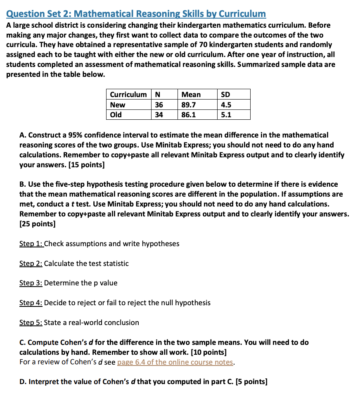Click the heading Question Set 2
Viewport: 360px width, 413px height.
click(x=136, y=14)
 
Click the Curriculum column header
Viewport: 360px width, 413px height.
click(x=128, y=95)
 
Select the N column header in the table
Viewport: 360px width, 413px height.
click(x=157, y=95)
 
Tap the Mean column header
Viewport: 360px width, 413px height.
click(x=191, y=95)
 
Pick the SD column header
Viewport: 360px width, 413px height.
click(x=225, y=95)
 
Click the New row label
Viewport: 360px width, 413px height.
click(x=118, y=105)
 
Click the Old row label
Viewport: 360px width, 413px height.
click(x=116, y=114)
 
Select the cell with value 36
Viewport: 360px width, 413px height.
click(x=159, y=105)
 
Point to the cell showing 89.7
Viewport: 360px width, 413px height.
click(x=189, y=105)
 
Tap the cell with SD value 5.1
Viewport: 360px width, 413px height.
click(x=226, y=114)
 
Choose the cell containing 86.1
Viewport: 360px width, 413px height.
click(x=189, y=114)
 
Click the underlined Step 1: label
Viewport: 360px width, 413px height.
click(x=31, y=244)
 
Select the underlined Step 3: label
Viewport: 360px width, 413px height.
click(x=31, y=283)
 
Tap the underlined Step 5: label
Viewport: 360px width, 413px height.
click(x=31, y=322)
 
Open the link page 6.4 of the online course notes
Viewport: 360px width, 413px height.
click(x=175, y=362)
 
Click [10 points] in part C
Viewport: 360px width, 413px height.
click(x=206, y=352)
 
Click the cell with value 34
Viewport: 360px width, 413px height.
click(x=159, y=114)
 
